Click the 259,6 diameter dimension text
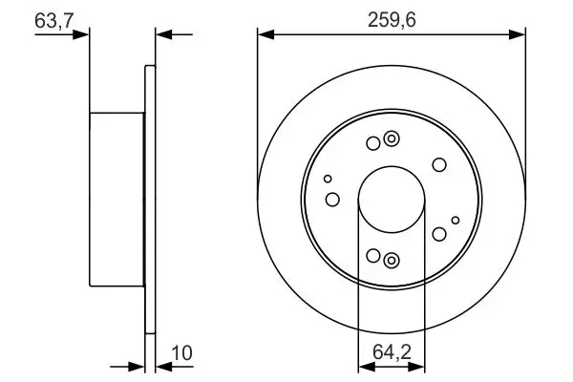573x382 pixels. pyautogui.click(x=392, y=20)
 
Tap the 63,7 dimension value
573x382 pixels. pyautogui.click(x=54, y=20)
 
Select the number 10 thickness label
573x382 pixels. pyautogui.click(x=181, y=353)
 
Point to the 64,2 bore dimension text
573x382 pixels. pyautogui.click(x=392, y=352)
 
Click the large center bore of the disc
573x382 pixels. pyautogui.click(x=392, y=200)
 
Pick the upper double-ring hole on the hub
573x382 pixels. pyautogui.click(x=392, y=138)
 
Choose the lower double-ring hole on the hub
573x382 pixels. pyautogui.click(x=392, y=261)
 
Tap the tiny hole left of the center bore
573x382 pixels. pyautogui.click(x=328, y=179)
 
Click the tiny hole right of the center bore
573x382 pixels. pyautogui.click(x=456, y=220)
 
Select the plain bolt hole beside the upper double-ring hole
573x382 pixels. pyautogui.click(x=373, y=143)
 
